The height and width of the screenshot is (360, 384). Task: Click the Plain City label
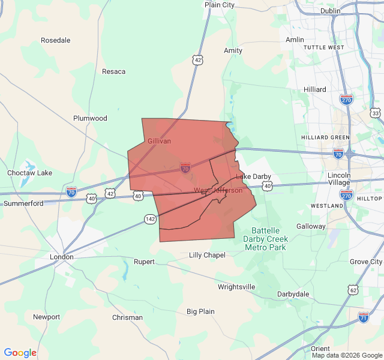(219, 5)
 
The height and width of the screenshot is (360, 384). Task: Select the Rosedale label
(55, 40)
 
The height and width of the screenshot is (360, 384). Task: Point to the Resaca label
(113, 71)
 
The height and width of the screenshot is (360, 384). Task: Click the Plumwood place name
(90, 118)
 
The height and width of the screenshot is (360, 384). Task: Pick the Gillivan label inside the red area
(159, 141)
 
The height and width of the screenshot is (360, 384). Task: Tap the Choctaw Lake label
(29, 173)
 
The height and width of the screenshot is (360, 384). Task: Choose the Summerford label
(23, 203)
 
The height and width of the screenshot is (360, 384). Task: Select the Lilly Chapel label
(207, 255)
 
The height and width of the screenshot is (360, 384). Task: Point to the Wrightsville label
(236, 287)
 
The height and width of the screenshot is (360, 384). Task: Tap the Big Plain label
(200, 311)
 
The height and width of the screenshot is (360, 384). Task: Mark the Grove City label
(366, 262)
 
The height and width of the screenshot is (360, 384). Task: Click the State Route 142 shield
(150, 219)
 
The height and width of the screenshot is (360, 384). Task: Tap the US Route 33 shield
(375, 113)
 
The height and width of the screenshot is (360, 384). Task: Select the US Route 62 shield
(353, 290)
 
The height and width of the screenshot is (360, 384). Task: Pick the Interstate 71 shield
(364, 316)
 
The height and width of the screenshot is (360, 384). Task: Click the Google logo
(20, 353)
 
